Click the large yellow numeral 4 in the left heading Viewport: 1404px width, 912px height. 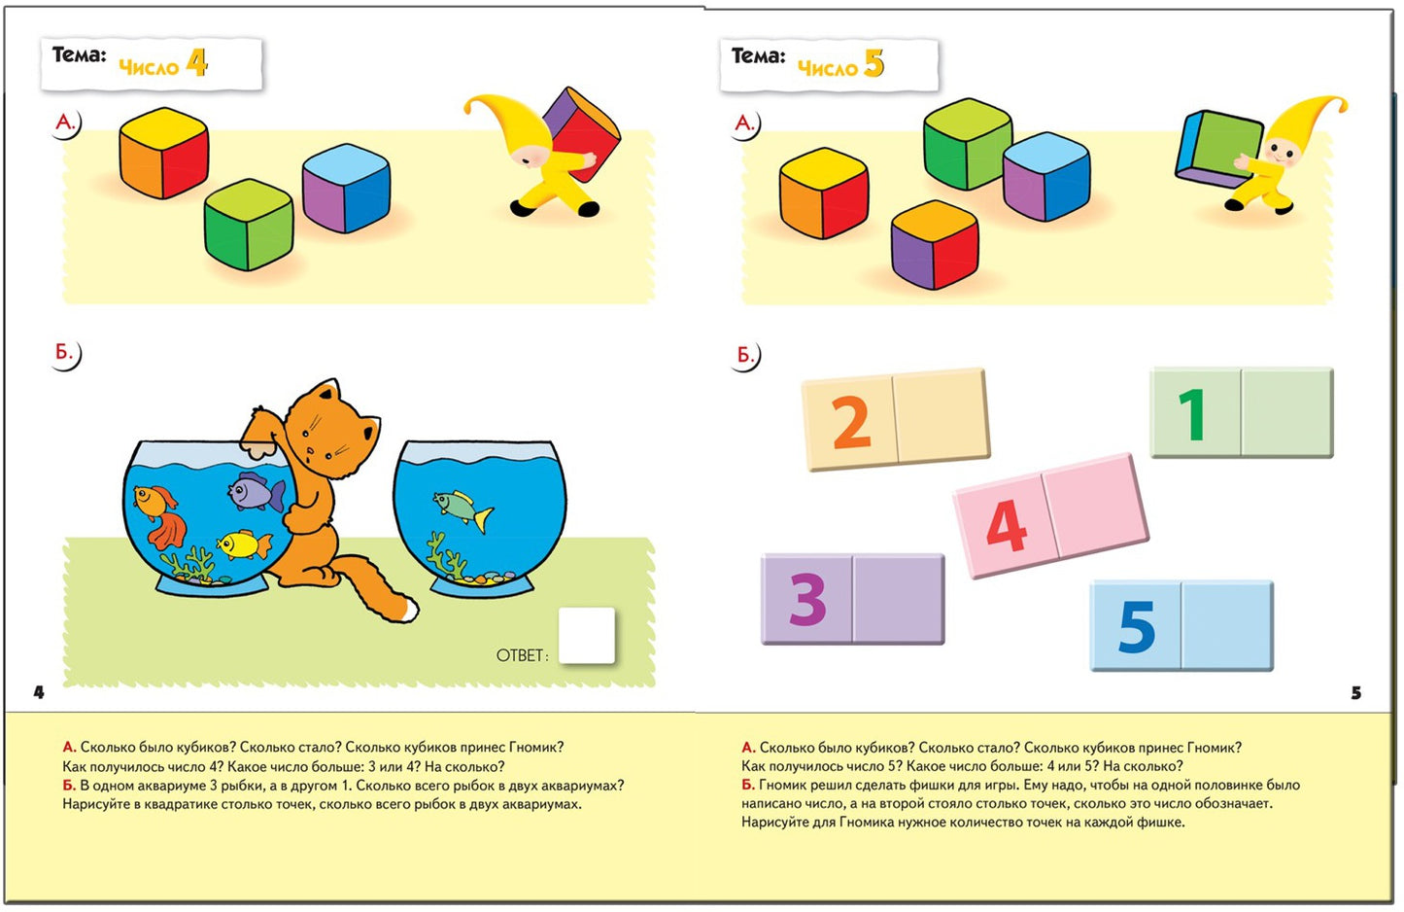point(197,63)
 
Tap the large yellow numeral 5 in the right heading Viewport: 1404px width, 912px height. point(873,63)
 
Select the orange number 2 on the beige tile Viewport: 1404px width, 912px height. point(851,423)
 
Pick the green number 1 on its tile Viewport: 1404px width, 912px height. point(1192,414)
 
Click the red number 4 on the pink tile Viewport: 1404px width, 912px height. point(1006,526)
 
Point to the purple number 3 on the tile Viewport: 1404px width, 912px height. point(807,599)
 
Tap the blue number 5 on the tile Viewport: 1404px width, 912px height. point(1137,627)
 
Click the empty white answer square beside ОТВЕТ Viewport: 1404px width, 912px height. point(587,635)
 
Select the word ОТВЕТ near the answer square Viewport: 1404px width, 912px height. point(520,656)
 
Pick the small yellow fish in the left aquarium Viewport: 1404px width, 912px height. point(243,544)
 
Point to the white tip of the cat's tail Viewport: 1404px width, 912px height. point(411,610)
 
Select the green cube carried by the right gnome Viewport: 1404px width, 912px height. point(1219,149)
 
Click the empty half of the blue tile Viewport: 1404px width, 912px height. point(1227,625)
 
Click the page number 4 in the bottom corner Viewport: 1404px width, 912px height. point(39,692)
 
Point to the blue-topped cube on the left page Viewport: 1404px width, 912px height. point(346,189)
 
